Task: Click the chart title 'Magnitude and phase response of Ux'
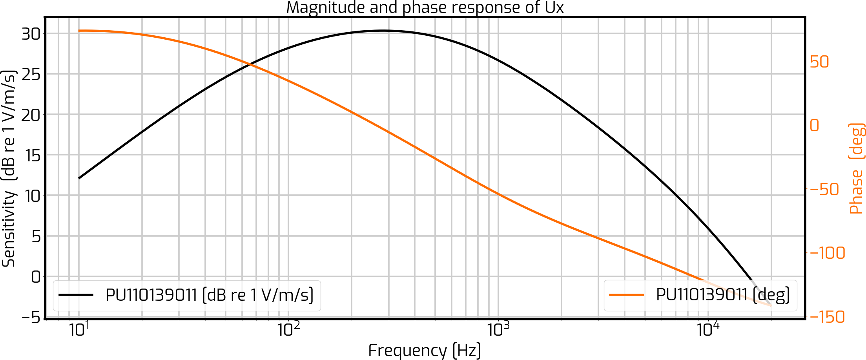pyautogui.click(x=425, y=8)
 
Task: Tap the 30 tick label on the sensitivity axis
pyautogui.click(x=31, y=34)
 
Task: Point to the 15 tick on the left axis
pyautogui.click(x=33, y=156)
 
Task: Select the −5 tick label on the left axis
pyautogui.click(x=30, y=317)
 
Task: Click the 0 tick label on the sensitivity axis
pyautogui.click(x=36, y=277)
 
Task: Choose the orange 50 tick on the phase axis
pyautogui.click(x=819, y=62)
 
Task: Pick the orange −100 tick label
pyautogui.click(x=827, y=253)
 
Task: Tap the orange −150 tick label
pyautogui.click(x=827, y=317)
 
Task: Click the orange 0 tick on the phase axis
pyautogui.click(x=815, y=126)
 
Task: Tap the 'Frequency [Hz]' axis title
pyautogui.click(x=425, y=351)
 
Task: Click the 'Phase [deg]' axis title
pyautogui.click(x=857, y=169)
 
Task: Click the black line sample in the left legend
pyautogui.click(x=76, y=295)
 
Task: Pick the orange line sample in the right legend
pyautogui.click(x=627, y=295)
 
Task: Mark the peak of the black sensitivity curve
pyautogui.click(x=384, y=31)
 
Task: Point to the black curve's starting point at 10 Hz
pyautogui.click(x=79, y=178)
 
